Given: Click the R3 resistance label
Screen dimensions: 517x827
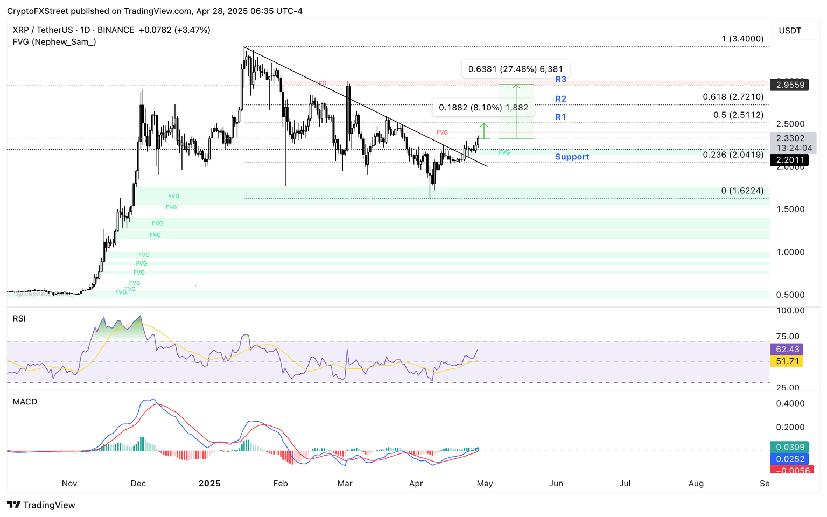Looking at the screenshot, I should (x=560, y=79).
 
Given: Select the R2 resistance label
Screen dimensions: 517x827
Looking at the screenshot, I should (x=560, y=99).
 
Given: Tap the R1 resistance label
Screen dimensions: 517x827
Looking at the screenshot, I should (x=560, y=117).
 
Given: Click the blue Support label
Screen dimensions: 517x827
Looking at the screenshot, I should (x=572, y=157).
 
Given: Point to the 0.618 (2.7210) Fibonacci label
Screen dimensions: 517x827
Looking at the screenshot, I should (x=733, y=97).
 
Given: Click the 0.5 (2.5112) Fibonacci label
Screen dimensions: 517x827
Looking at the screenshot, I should (x=738, y=115).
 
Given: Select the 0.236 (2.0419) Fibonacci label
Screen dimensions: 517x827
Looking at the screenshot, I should (x=733, y=155).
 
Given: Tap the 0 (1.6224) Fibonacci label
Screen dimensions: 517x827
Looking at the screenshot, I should (x=742, y=191).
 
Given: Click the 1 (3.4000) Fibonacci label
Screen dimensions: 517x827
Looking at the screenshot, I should (x=742, y=39).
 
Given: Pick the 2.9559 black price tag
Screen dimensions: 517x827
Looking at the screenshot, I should (x=789, y=85).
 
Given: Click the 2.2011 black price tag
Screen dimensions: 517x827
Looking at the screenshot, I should (x=789, y=160).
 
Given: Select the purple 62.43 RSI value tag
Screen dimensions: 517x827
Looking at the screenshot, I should (x=787, y=350).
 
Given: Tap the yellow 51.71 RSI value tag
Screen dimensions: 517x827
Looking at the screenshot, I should (x=787, y=361).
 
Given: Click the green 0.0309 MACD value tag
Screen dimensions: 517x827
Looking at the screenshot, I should (x=789, y=447).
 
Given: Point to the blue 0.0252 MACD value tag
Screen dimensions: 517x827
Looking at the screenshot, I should (x=789, y=459).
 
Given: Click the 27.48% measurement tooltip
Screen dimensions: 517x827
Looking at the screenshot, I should (x=515, y=69).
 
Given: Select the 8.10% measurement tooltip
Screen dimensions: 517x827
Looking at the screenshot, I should (x=483, y=107).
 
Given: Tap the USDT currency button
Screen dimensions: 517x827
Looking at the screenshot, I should (x=790, y=31).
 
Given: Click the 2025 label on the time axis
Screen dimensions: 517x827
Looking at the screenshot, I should (x=209, y=483).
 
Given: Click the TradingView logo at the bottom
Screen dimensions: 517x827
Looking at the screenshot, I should (x=41, y=505).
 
